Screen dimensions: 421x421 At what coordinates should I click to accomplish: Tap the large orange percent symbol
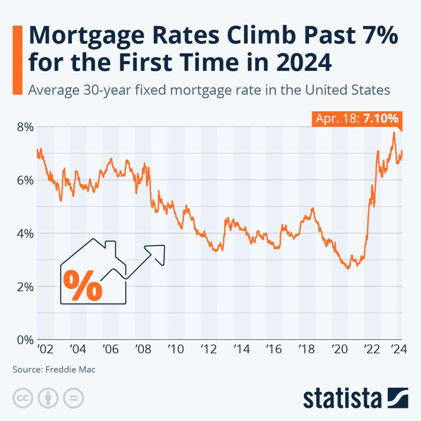[x=84, y=284]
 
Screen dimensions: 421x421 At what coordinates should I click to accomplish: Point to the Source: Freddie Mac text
[x=54, y=370]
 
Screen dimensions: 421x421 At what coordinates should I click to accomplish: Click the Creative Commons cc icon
[x=23, y=397]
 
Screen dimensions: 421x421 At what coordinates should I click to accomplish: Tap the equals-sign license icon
[x=73, y=397]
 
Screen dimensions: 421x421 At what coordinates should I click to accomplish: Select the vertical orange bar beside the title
[x=17, y=60]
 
